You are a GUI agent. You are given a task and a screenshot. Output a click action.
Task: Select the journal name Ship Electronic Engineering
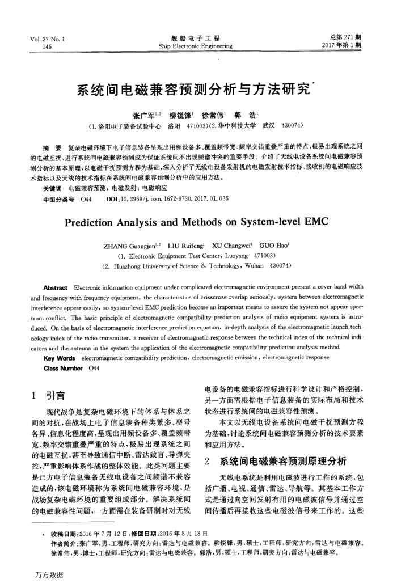coord(195,46)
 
